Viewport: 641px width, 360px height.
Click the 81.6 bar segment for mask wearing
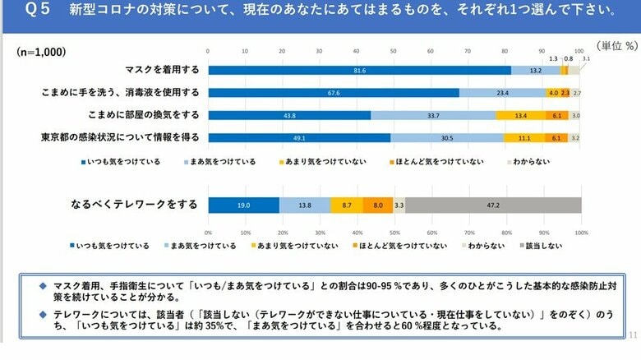(360, 71)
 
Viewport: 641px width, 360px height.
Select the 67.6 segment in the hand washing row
(334, 93)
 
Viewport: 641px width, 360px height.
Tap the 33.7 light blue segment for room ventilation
(433, 115)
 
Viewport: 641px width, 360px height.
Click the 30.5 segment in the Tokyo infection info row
(447, 137)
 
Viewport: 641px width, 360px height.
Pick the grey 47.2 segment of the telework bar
(493, 205)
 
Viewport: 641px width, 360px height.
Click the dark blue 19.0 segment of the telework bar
(243, 205)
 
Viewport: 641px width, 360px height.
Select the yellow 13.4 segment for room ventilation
(520, 115)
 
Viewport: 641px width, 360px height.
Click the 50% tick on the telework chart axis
(395, 232)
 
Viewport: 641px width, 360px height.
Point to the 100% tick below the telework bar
(581, 232)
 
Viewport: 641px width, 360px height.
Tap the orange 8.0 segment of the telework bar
(377, 205)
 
